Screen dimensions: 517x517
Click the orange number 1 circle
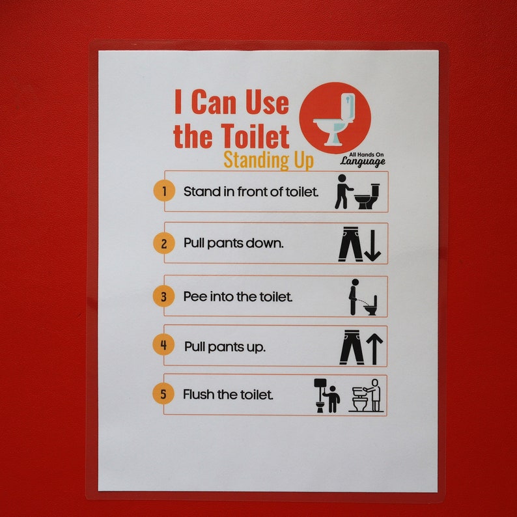(164, 191)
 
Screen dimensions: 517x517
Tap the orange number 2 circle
(164, 244)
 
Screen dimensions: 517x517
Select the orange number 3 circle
(163, 297)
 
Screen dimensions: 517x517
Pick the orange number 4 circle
(163, 344)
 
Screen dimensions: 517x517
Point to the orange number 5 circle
(163, 394)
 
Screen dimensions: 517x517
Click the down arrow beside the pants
(374, 245)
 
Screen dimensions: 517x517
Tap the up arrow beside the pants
(374, 348)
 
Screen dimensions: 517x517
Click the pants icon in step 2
(350, 244)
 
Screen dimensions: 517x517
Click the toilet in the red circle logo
(335, 119)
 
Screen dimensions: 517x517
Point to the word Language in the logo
(363, 162)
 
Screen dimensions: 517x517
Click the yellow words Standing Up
(268, 160)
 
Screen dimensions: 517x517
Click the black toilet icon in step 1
(367, 196)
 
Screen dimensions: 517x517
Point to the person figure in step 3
(353, 297)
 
